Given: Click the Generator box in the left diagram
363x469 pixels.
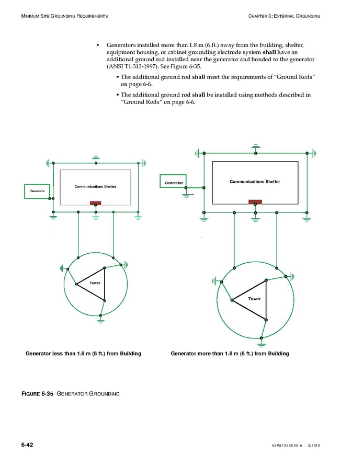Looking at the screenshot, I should [38, 191].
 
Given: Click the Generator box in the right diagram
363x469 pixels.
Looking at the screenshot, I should [174, 182].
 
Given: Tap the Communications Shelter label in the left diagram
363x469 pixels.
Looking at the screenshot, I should [95, 186].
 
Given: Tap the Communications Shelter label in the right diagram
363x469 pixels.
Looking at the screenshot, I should [255, 182].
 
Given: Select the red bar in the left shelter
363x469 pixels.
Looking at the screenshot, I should [96, 203].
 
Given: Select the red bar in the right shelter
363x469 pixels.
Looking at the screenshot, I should [255, 202].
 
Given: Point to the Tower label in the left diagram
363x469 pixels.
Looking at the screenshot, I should [95, 283].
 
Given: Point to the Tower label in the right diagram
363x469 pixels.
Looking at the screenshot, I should [254, 299].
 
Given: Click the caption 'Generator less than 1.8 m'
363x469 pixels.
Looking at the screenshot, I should [83, 354].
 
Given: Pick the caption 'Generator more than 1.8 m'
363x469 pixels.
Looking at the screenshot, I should [230, 354].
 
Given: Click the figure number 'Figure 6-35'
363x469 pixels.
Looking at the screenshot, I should [38, 393].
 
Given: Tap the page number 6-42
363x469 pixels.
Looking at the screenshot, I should [27, 445].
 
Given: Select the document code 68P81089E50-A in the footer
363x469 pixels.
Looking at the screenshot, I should [287, 445].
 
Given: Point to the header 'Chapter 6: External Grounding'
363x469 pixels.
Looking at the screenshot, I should [284, 16].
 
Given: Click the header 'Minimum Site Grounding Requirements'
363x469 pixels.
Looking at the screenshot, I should [65, 16].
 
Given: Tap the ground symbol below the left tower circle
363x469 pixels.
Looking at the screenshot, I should [101, 321].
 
